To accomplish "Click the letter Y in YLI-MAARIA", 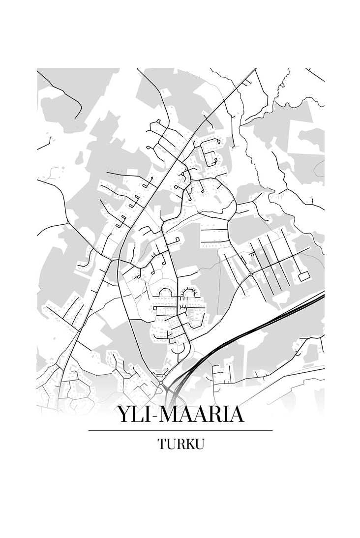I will [x=124, y=415].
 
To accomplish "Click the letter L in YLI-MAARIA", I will [x=137, y=415].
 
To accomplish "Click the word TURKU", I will [x=180, y=444].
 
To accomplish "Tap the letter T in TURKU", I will [x=162, y=444].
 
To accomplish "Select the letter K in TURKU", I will [x=189, y=444].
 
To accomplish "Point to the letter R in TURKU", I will [x=180, y=444].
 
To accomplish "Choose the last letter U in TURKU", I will [x=199, y=444].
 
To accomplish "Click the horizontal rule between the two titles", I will [x=180, y=430].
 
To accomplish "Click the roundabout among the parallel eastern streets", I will [x=251, y=273].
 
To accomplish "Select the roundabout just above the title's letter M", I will [x=161, y=383].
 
